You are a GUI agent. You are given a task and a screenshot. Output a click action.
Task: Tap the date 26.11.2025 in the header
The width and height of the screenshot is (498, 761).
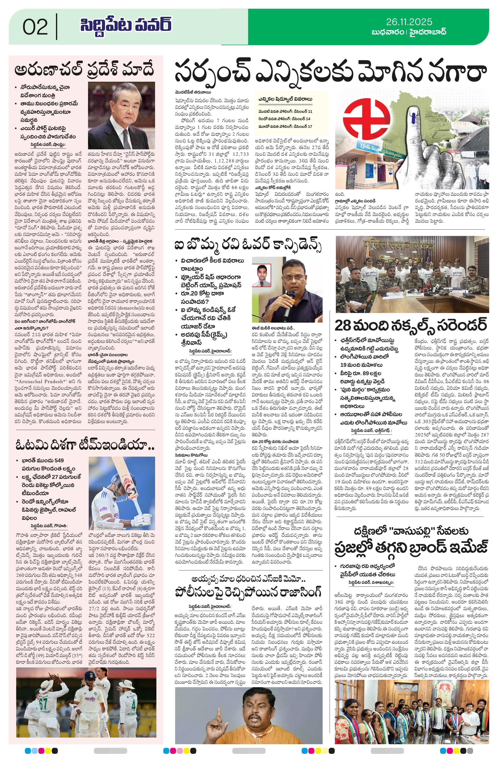(x=409, y=22)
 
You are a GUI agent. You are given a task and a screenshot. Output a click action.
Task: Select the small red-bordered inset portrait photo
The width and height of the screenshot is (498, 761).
(x=261, y=275)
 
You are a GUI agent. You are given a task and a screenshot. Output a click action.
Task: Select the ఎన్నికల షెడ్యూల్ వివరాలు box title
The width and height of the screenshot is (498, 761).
(x=285, y=99)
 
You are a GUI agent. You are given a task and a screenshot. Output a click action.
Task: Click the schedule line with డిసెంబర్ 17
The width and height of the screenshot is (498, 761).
(x=285, y=126)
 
